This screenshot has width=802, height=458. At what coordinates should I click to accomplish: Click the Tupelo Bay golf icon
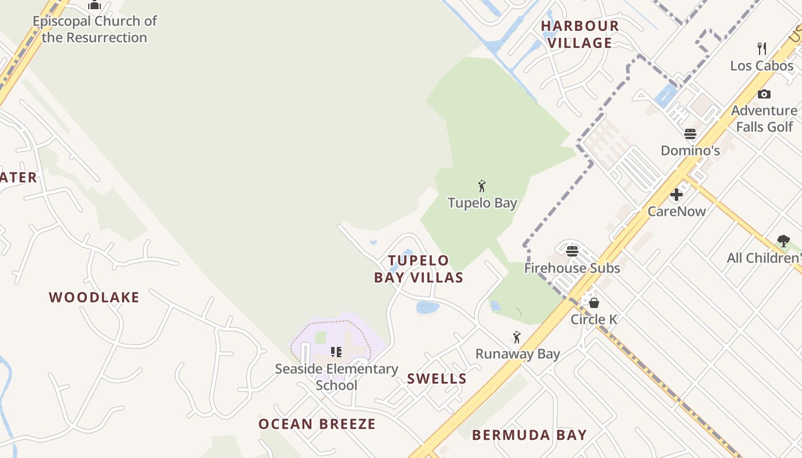pyautogui.click(x=482, y=186)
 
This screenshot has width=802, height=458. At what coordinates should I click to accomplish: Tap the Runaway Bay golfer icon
pyautogui.click(x=517, y=337)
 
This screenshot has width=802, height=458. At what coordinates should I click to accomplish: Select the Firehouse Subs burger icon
pyautogui.click(x=572, y=251)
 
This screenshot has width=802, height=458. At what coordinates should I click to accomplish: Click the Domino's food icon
pyautogui.click(x=690, y=134)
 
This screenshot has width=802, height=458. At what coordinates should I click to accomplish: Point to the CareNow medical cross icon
pyautogui.click(x=677, y=195)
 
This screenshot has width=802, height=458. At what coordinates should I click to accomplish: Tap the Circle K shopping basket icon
pyautogui.click(x=594, y=302)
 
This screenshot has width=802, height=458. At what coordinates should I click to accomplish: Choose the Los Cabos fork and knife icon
pyautogui.click(x=762, y=49)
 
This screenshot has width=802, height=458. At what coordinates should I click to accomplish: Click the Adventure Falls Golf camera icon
pyautogui.click(x=764, y=94)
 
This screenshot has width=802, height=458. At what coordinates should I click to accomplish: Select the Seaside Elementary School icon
pyautogui.click(x=336, y=352)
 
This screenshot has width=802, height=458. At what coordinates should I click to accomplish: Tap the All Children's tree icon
pyautogui.click(x=783, y=241)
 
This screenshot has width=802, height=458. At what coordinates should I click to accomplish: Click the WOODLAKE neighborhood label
pyautogui.click(x=94, y=297)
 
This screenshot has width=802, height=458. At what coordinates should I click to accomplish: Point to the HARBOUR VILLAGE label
pyautogui.click(x=580, y=34)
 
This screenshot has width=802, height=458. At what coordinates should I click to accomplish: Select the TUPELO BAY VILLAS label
pyautogui.click(x=419, y=269)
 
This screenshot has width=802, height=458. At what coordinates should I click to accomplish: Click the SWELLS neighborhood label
pyautogui.click(x=437, y=378)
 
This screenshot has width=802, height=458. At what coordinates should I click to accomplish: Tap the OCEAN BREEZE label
pyautogui.click(x=317, y=424)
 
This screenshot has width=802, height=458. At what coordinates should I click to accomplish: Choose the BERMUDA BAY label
pyautogui.click(x=529, y=435)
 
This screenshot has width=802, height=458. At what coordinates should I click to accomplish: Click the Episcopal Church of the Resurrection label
pyautogui.click(x=95, y=29)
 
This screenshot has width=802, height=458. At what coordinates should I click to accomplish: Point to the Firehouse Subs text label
pyautogui.click(x=572, y=268)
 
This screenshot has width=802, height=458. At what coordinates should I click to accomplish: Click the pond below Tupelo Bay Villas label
pyautogui.click(x=427, y=307)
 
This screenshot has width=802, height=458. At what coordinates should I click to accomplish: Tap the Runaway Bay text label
pyautogui.click(x=517, y=354)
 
